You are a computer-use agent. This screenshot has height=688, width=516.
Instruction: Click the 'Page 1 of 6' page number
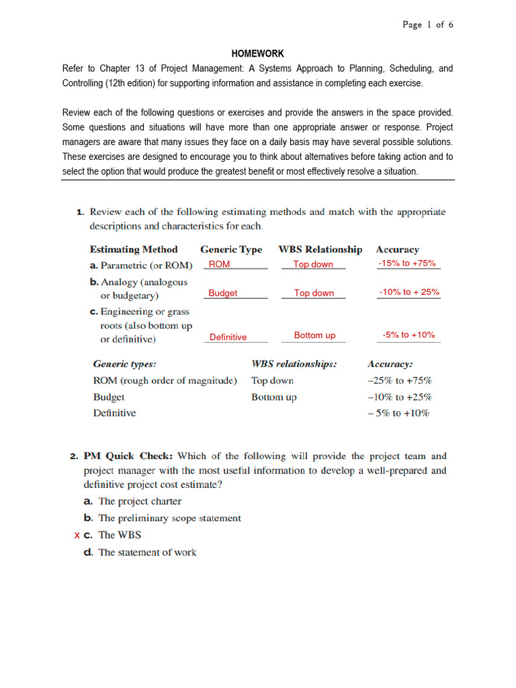(x=428, y=25)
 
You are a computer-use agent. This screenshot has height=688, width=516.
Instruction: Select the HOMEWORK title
(x=258, y=54)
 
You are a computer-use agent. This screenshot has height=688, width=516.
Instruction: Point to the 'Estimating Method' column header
(x=134, y=249)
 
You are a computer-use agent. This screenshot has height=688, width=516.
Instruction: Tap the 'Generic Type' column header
(x=231, y=249)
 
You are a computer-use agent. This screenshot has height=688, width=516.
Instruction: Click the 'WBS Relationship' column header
(x=320, y=249)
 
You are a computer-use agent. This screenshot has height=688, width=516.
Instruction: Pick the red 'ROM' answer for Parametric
(x=219, y=265)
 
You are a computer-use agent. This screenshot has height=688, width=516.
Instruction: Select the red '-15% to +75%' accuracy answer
(x=407, y=263)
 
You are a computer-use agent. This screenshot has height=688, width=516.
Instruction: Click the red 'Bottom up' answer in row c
(x=314, y=335)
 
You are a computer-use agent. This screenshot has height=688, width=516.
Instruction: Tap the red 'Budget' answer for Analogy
(x=222, y=293)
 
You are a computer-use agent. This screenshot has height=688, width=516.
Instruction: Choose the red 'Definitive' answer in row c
(x=228, y=337)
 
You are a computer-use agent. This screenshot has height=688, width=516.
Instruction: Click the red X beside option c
(x=77, y=535)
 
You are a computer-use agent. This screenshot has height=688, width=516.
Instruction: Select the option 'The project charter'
(x=140, y=501)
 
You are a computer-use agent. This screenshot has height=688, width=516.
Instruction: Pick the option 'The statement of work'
(x=147, y=552)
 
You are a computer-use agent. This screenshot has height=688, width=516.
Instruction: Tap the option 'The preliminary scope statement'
(x=169, y=518)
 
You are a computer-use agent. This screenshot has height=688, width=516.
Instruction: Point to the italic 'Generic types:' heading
(x=124, y=364)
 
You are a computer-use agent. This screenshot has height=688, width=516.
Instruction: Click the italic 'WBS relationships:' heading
(x=294, y=364)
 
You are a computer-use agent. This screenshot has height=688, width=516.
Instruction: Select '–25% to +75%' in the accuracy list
(x=399, y=380)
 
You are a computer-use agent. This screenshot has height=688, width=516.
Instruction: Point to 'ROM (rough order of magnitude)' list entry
(x=165, y=380)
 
